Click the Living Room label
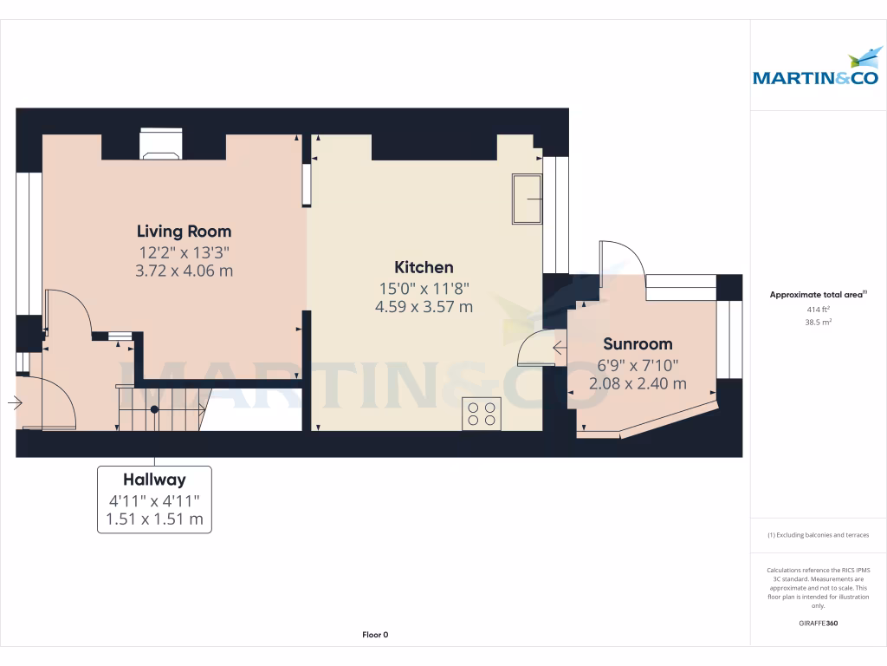[184, 231]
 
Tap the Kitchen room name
[424, 267]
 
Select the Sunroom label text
[638, 343]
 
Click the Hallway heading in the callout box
[154, 480]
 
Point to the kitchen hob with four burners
[482, 414]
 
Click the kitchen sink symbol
[528, 199]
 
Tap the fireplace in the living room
[161, 144]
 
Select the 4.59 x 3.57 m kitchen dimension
[424, 307]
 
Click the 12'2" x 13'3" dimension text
[184, 252]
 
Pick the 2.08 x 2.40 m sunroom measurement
[638, 383]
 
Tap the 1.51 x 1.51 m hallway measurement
[154, 519]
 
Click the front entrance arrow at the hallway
[15, 402]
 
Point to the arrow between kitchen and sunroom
[560, 348]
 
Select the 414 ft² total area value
[818, 310]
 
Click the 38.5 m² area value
[818, 323]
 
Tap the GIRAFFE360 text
[818, 623]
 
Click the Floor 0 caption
[375, 635]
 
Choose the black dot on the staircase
[154, 409]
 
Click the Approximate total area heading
[818, 295]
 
